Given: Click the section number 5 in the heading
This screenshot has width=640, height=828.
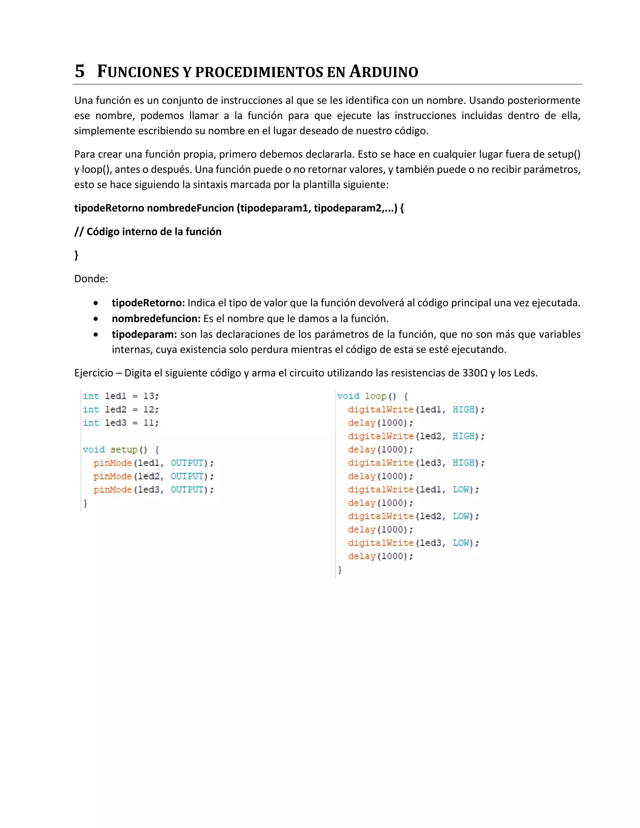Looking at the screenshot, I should (80, 71).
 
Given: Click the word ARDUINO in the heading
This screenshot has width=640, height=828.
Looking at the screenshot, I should (383, 71).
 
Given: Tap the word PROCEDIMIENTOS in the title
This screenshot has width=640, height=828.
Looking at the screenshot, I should (259, 72).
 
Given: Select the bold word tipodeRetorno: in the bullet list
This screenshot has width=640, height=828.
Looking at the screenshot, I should (148, 302).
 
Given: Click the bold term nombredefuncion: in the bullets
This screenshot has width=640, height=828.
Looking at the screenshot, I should (156, 318).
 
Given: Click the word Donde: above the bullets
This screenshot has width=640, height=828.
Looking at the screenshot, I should (91, 279).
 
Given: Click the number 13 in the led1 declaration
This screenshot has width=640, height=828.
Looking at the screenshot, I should (149, 396).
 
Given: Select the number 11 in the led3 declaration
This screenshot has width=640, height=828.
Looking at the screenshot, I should (149, 423).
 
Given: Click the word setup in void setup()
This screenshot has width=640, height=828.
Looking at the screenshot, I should (124, 450).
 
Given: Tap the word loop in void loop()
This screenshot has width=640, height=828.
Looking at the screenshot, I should (375, 396).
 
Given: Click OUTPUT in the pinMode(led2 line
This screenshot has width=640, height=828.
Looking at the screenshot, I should (187, 476).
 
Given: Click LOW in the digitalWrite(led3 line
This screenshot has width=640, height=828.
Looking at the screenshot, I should (461, 543).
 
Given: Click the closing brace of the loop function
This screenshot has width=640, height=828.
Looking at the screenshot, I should (340, 570).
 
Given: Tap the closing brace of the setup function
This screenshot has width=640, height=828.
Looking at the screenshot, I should (85, 503).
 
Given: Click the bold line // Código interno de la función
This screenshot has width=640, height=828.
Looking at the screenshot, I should (148, 232).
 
